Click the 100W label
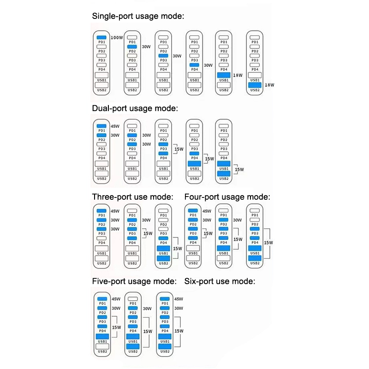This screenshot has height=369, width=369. point(117,38)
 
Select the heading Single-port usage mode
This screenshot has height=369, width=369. point(138,16)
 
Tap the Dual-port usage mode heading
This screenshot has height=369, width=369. point(135,108)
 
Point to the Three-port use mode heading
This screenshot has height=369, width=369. point(132,197)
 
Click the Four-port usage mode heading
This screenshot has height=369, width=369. point(227,197)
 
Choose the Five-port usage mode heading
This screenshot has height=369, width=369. point(134,281)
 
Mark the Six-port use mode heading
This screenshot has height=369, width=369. point(220,281)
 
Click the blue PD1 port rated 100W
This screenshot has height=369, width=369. point(102,37)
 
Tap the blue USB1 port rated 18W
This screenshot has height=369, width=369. point(224,75)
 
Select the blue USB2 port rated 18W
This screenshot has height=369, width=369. point(255,84)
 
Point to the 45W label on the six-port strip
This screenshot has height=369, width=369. point(178,299)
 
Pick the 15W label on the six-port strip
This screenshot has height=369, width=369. point(179,331)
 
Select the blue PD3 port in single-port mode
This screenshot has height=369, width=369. point(163,56)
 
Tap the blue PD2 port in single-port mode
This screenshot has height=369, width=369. point(132,47)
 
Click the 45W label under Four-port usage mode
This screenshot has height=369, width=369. point(207,211)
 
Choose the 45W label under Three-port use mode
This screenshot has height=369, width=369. point(115,211)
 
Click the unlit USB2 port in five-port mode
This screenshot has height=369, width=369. point(102,346)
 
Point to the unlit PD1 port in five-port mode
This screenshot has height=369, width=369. point(132,299)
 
